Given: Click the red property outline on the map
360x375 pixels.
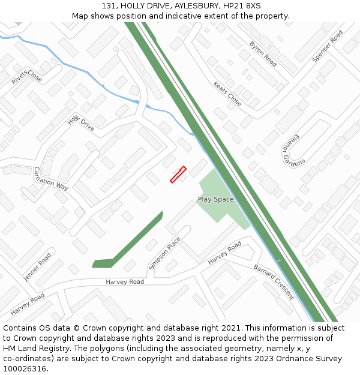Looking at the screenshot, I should click(x=178, y=175).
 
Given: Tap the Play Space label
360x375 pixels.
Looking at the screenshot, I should click(x=215, y=199).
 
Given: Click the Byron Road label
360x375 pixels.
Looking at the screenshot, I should click(x=263, y=53).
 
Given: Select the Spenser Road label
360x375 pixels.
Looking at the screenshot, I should click(x=327, y=46).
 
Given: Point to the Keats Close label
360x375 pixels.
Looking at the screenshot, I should click(x=227, y=94).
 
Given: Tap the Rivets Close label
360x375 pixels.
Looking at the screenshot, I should click(x=27, y=78).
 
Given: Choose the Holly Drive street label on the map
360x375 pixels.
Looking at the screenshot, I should click(x=81, y=123).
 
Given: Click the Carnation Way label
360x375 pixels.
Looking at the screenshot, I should click(x=51, y=178).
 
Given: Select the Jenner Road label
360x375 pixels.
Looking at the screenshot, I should click(x=37, y=268).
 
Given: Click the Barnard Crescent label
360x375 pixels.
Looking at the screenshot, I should click(x=273, y=278).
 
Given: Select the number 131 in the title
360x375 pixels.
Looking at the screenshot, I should click(x=109, y=5).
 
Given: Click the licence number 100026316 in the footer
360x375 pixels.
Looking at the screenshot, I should click(x=25, y=369).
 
